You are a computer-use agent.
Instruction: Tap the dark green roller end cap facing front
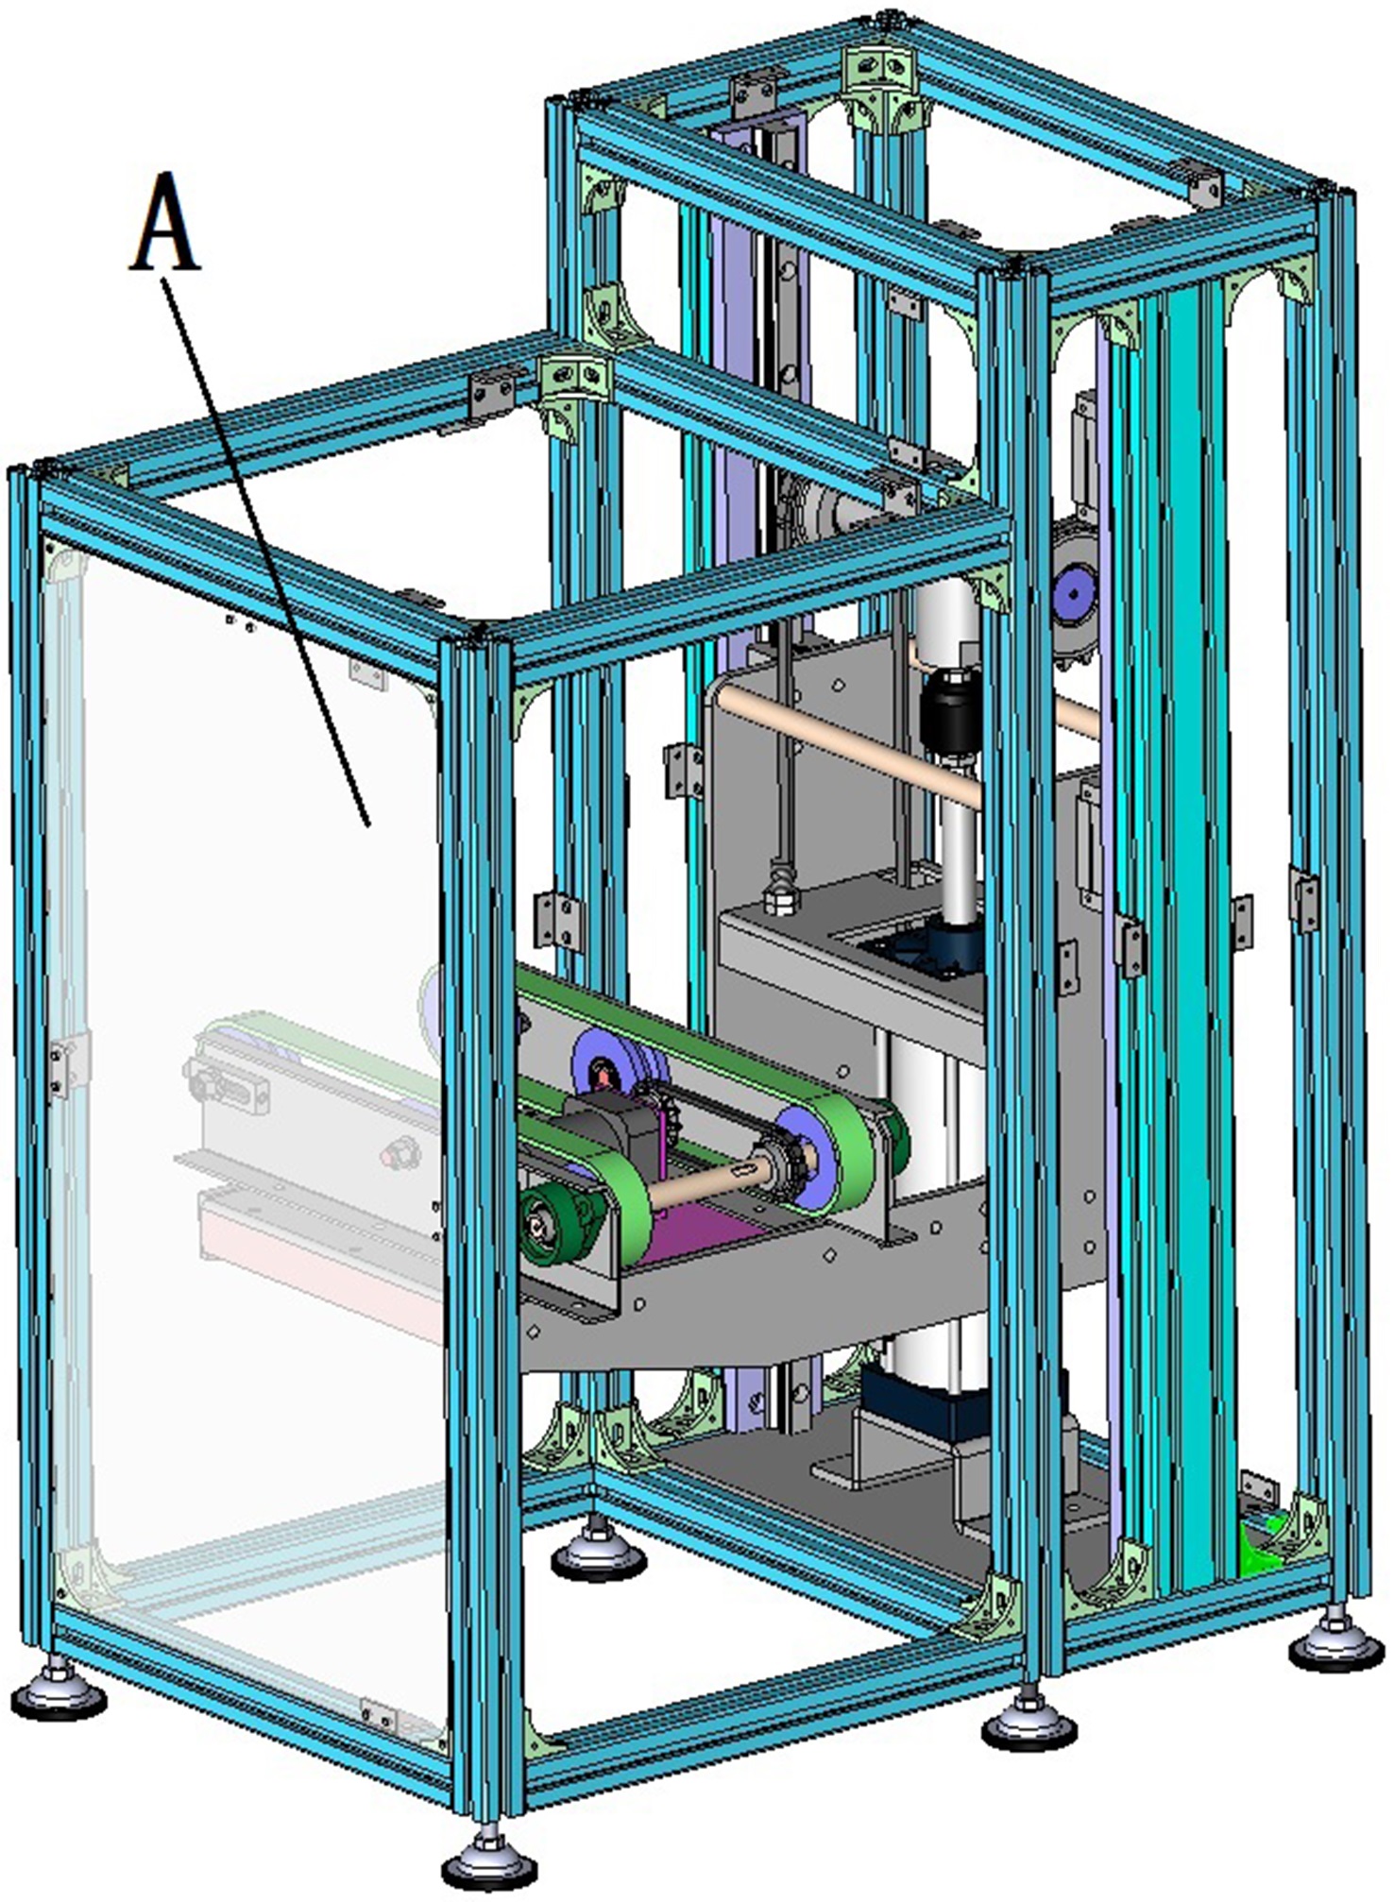click(549, 1227)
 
